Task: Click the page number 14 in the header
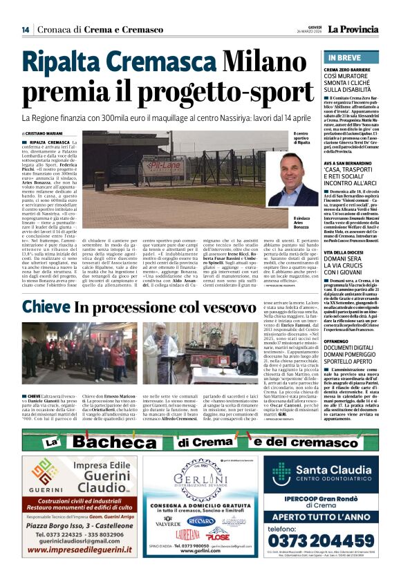pyautogui.click(x=26, y=29)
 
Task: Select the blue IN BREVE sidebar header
pyautogui.click(x=344, y=57)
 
